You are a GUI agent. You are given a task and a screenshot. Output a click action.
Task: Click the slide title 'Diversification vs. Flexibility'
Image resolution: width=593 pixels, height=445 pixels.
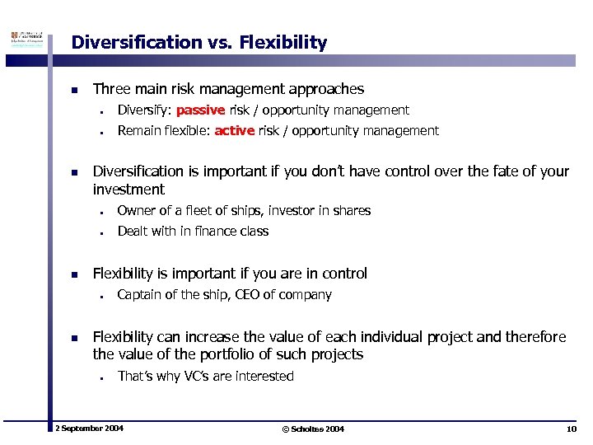(198, 43)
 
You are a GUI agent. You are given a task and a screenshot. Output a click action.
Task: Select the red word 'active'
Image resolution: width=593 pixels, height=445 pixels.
(234, 131)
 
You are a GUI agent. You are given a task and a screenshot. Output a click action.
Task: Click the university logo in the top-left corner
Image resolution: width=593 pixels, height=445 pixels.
(25, 41)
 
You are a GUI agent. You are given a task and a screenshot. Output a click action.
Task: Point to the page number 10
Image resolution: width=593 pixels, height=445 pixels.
(571, 429)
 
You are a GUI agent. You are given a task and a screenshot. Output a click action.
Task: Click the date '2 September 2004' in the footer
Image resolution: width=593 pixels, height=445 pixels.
(89, 429)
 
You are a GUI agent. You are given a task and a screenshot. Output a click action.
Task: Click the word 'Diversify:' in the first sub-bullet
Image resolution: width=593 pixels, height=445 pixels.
(143, 110)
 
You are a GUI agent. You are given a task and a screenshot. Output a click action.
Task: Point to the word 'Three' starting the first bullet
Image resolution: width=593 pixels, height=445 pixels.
(111, 89)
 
